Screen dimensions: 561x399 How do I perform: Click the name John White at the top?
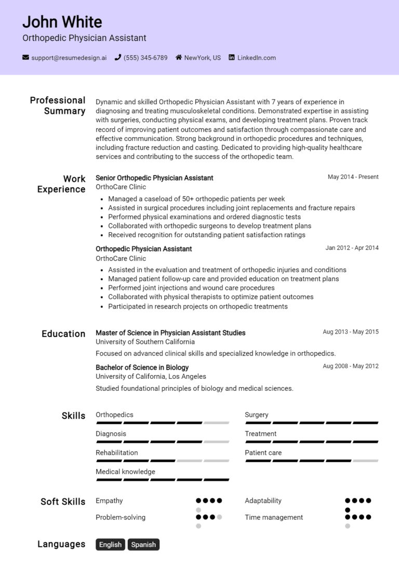click(62, 22)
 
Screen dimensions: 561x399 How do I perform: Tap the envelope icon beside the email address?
click(25, 58)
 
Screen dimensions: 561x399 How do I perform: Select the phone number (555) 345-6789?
click(145, 58)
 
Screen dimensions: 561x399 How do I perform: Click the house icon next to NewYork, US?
click(179, 58)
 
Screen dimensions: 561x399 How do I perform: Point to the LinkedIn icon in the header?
click(232, 58)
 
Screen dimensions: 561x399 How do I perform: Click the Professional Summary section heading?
click(58, 106)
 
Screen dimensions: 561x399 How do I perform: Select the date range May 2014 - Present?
click(353, 177)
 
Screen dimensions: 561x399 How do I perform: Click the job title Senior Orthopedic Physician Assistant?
click(154, 178)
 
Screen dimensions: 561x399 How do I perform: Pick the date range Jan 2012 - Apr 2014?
click(352, 248)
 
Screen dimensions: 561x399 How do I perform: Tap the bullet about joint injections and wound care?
click(191, 288)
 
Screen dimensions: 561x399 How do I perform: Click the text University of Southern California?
click(145, 342)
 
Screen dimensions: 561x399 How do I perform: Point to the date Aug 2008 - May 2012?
click(350, 366)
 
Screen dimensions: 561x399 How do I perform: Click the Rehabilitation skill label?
click(117, 453)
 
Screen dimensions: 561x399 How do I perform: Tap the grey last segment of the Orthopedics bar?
click(216, 423)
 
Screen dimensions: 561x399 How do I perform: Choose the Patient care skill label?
click(263, 453)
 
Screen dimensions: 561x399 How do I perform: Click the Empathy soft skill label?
click(109, 501)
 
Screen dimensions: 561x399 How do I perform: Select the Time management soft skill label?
click(274, 517)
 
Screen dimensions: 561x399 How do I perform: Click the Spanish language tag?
click(143, 544)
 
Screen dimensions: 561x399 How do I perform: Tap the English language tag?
click(110, 544)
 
